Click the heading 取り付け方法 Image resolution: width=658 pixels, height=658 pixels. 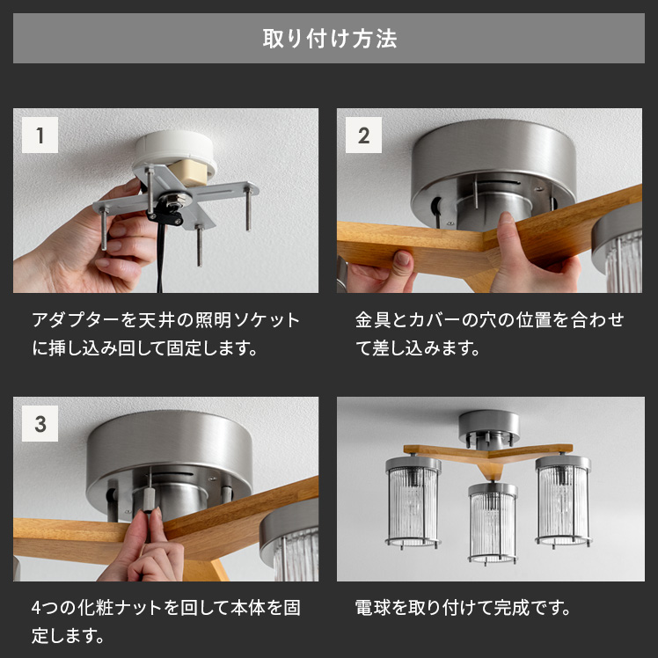coord(329,39)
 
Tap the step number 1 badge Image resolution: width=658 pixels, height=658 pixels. coord(40,135)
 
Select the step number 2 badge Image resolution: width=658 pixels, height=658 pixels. coord(363,135)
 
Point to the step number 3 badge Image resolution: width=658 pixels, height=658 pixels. coord(40,423)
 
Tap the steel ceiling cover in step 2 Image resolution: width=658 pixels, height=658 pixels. coord(493,168)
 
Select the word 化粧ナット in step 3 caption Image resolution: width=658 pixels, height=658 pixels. coord(120,608)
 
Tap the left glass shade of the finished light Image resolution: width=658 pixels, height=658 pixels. coord(413,502)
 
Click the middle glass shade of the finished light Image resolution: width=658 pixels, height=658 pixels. coord(493,523)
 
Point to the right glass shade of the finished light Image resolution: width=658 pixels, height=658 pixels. coord(563,501)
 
